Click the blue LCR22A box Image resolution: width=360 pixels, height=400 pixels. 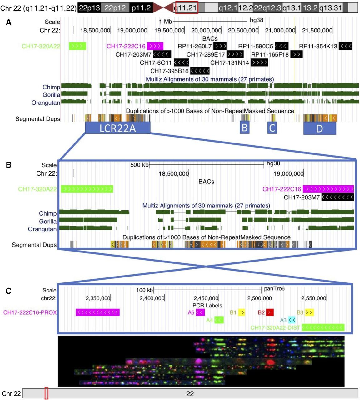click(117, 128)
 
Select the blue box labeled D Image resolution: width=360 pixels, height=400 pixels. click(319, 128)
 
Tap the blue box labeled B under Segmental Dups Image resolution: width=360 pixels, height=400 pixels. click(245, 127)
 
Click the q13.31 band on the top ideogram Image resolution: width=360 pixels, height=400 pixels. click(331, 7)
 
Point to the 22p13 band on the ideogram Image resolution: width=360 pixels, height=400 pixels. click(89, 7)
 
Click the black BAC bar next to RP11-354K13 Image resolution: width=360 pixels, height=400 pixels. click(345, 46)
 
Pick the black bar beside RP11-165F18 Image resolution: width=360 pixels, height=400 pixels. click(296, 54)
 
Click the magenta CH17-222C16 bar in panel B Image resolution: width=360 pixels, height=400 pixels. click(328, 189)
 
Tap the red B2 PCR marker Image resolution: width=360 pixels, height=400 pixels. click(270, 312)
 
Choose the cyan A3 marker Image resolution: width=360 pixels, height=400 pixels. click(292, 320)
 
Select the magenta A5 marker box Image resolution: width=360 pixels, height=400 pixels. click(200, 312)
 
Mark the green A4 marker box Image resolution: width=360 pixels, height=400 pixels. click(219, 320)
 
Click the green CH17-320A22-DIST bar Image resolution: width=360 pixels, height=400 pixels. click(323, 327)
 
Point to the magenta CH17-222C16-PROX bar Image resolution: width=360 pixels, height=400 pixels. click(97, 312)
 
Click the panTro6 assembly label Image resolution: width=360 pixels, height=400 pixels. click(274, 289)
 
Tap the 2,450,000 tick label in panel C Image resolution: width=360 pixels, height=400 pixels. click(206, 298)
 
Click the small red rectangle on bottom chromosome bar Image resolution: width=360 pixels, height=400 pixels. click(46, 393)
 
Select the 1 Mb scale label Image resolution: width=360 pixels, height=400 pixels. click(165, 22)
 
